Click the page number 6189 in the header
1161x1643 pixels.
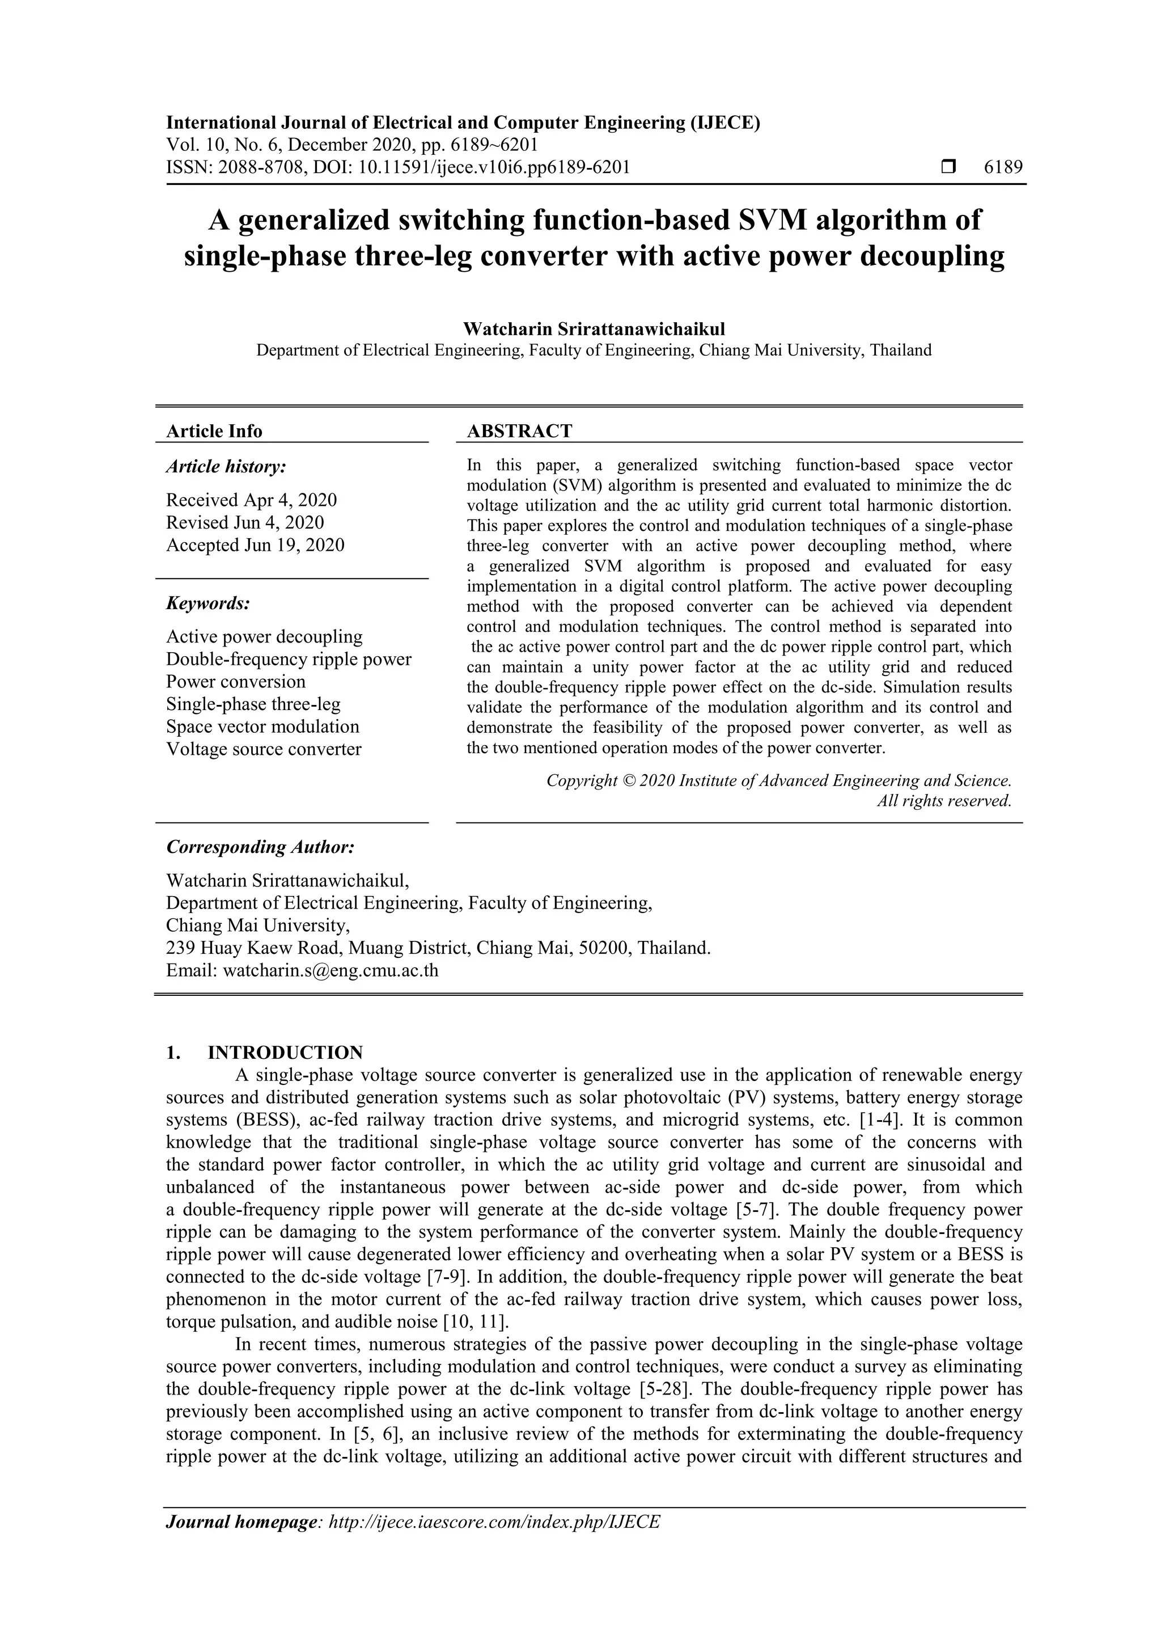pos(1003,167)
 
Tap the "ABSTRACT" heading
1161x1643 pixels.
pos(519,431)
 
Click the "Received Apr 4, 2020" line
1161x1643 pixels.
pos(251,500)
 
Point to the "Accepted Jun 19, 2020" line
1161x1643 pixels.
pos(255,545)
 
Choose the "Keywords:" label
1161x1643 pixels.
pos(208,603)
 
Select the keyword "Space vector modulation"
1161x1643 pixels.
pos(262,727)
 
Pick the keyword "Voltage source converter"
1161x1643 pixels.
pos(264,749)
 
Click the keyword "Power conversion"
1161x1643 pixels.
pos(235,681)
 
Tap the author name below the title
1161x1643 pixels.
pos(594,329)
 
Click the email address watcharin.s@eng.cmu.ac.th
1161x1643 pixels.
pos(330,971)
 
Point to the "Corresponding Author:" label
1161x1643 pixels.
pos(260,847)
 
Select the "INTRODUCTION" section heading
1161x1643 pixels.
pos(285,1053)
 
